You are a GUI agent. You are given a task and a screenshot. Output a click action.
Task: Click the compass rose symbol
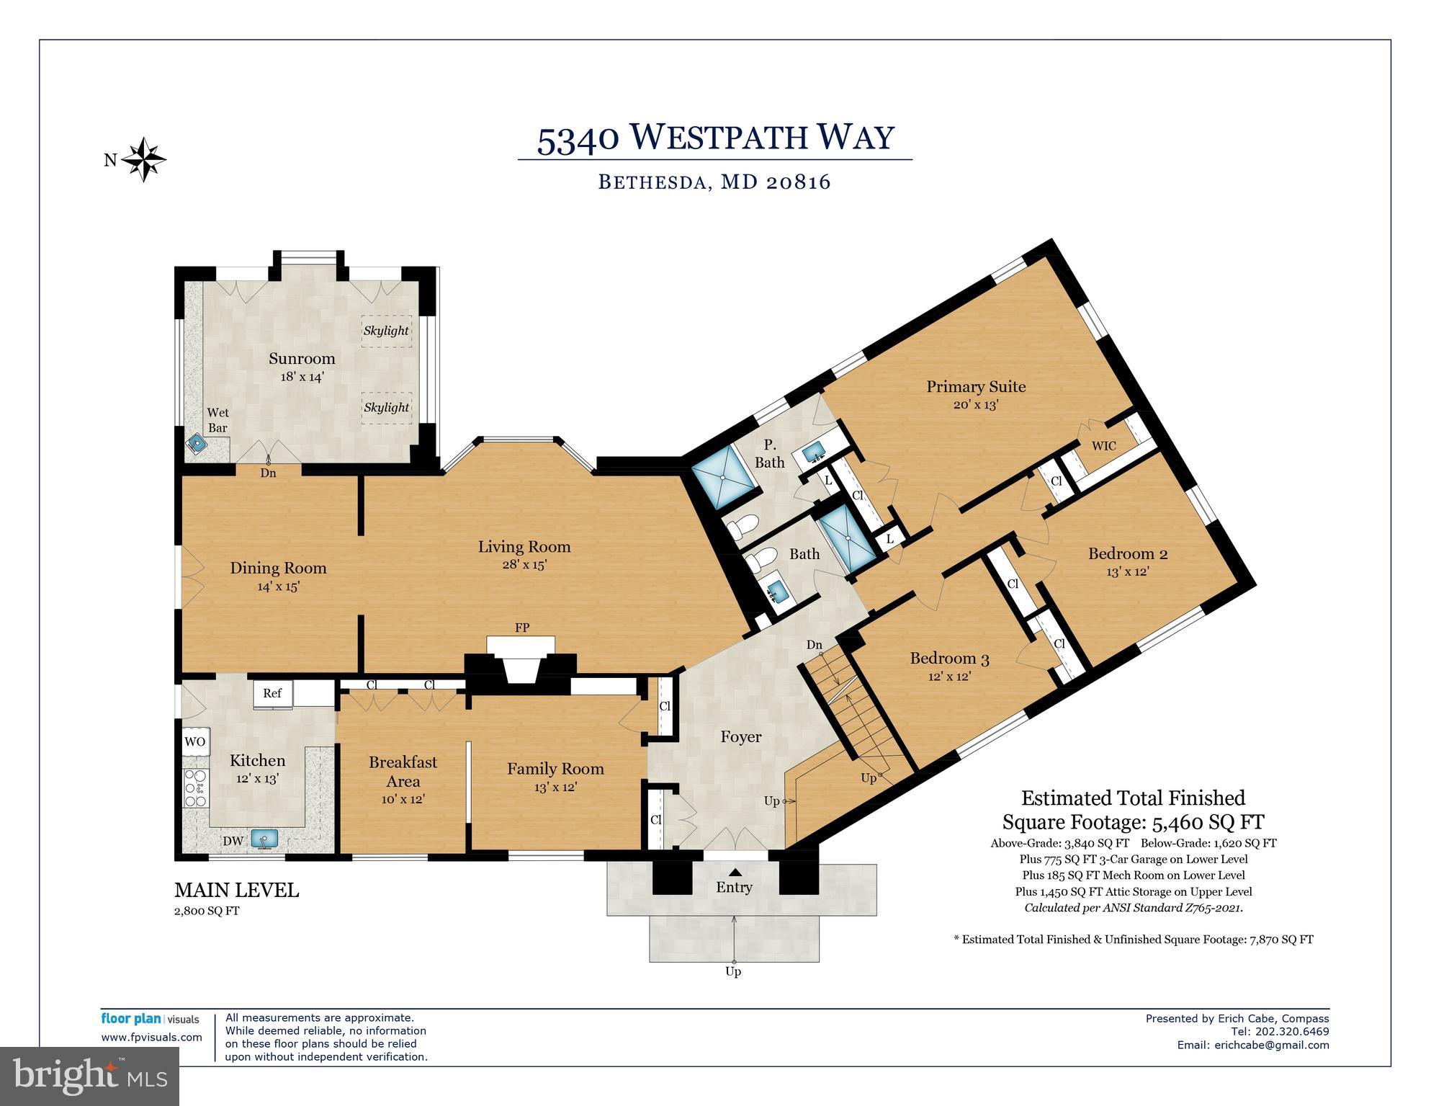(x=144, y=159)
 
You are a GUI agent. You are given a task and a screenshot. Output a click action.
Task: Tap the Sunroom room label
(x=302, y=359)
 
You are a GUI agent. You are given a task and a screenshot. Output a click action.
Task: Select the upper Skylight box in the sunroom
(x=386, y=331)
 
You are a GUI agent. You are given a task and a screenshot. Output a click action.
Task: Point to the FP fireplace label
(x=522, y=628)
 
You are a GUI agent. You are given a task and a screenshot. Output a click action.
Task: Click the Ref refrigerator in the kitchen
(x=272, y=693)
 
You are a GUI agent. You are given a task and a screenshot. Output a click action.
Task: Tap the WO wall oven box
(x=194, y=741)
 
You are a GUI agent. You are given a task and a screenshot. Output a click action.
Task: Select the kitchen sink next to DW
(x=264, y=838)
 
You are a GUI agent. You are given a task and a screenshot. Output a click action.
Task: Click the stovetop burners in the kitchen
(x=194, y=788)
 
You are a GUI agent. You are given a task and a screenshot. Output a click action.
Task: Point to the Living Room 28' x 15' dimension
(x=524, y=565)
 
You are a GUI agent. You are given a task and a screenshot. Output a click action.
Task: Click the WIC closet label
(x=1103, y=446)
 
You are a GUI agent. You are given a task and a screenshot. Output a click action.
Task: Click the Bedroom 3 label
(x=949, y=658)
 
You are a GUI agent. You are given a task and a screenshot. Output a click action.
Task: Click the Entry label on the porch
(x=734, y=888)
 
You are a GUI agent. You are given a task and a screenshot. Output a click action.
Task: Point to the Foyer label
(x=741, y=736)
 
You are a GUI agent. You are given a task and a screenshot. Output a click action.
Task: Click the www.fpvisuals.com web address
(x=151, y=1038)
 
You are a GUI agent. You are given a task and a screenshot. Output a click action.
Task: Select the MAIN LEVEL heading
(x=236, y=891)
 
